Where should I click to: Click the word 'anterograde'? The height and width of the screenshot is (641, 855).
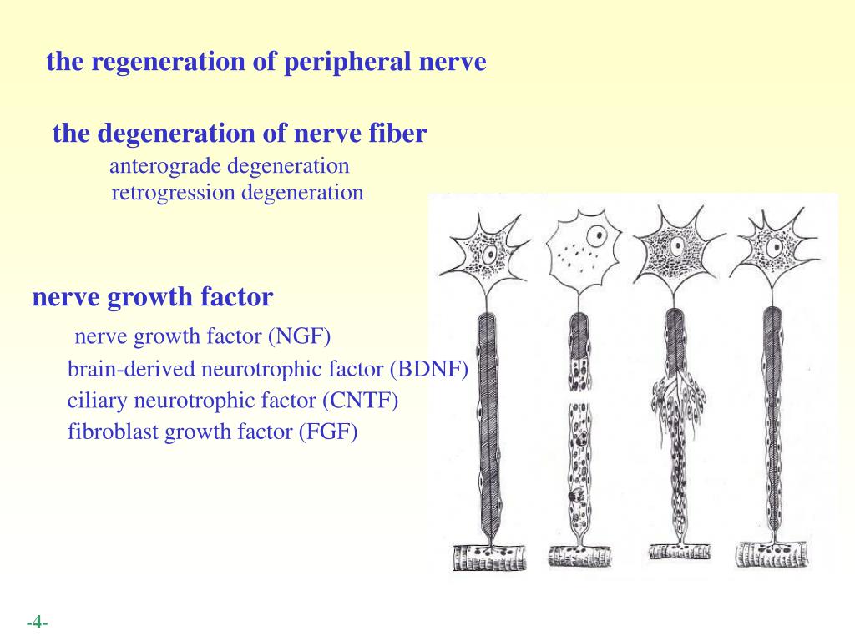(165, 166)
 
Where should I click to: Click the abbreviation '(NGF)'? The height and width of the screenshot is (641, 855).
(299, 336)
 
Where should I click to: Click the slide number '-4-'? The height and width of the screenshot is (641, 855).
(37, 623)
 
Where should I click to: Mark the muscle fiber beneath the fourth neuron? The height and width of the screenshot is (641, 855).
(772, 554)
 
